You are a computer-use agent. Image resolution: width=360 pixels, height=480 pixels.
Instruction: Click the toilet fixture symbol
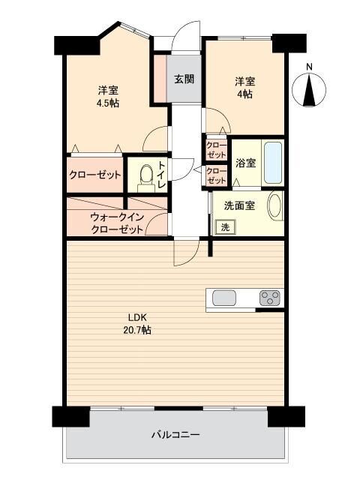pyautogui.click(x=145, y=178)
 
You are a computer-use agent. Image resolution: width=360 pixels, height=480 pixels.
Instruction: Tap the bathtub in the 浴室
pyautogui.click(x=273, y=163)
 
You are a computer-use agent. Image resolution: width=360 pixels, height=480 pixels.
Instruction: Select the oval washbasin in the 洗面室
pyautogui.click(x=275, y=205)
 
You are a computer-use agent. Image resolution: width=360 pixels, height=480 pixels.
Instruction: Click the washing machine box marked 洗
pyautogui.click(x=225, y=227)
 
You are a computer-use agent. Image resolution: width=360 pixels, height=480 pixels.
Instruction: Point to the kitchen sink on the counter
pyautogui.click(x=224, y=298)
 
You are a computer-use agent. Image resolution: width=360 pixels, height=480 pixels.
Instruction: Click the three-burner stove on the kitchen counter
pyautogui.click(x=270, y=298)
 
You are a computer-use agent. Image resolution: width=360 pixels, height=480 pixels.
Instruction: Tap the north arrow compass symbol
pyautogui.click(x=309, y=90)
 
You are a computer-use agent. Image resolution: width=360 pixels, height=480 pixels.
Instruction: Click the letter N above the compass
pyautogui.click(x=310, y=67)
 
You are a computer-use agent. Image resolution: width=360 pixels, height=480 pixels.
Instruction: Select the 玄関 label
pyautogui.click(x=184, y=79)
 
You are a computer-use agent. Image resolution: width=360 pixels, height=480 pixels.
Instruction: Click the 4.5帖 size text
pyautogui.click(x=108, y=103)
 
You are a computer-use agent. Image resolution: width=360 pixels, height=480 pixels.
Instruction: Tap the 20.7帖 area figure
pyautogui.click(x=136, y=330)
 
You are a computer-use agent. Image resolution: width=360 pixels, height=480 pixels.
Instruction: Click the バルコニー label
pyautogui.click(x=175, y=434)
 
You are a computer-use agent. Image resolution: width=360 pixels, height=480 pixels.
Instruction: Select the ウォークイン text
pyautogui.click(x=117, y=217)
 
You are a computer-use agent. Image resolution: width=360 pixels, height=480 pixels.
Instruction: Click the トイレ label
pyautogui.click(x=162, y=175)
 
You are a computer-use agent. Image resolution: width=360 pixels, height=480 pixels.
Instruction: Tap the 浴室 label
pyautogui.click(x=245, y=163)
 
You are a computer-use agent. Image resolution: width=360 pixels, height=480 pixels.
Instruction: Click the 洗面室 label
pyautogui.click(x=239, y=205)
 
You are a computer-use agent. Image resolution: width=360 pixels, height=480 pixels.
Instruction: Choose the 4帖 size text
pyautogui.click(x=245, y=94)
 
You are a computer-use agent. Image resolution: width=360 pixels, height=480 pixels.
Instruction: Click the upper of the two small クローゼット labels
pyautogui.click(x=216, y=150)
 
